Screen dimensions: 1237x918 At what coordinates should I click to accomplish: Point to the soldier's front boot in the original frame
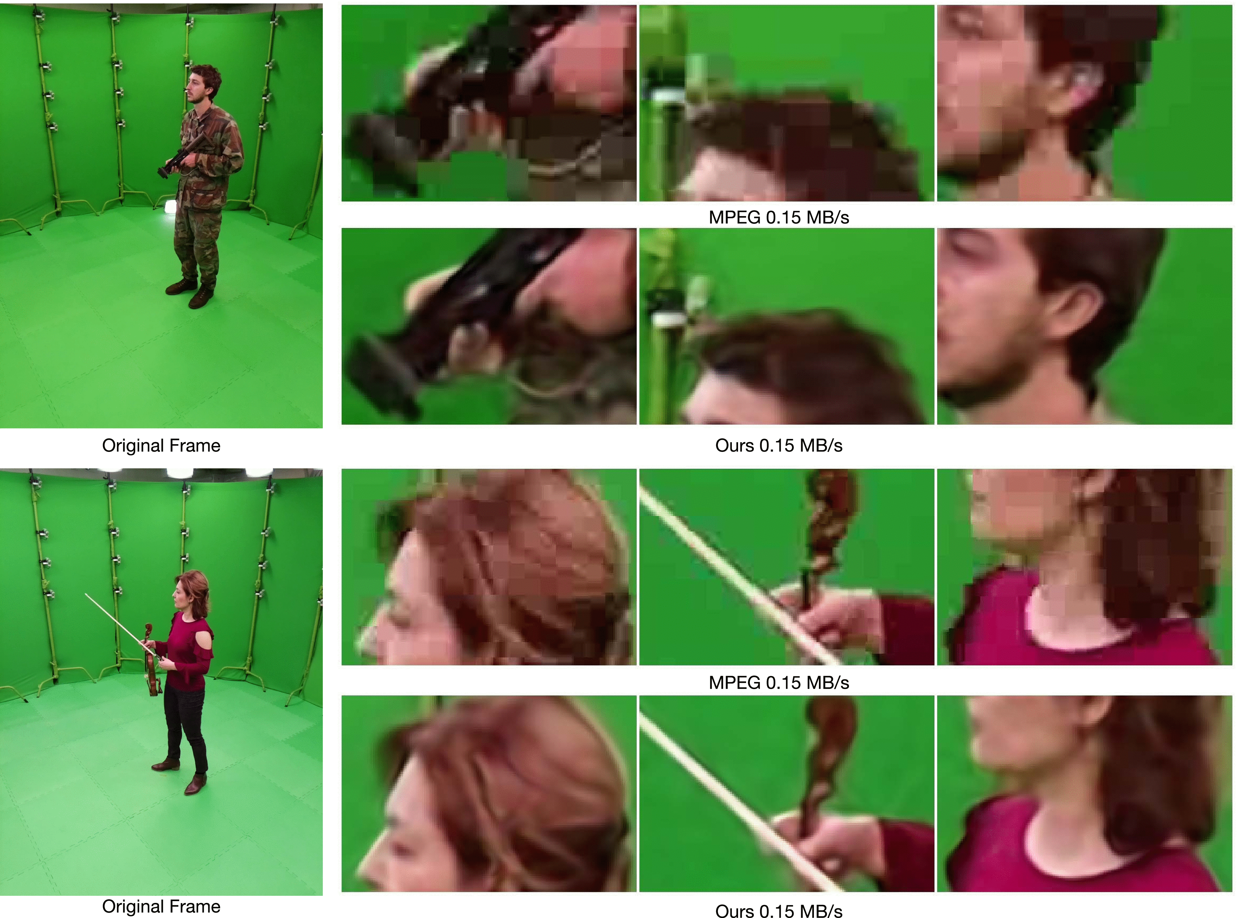tap(201, 297)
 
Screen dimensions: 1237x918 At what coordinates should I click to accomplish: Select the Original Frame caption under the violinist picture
tap(161, 906)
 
